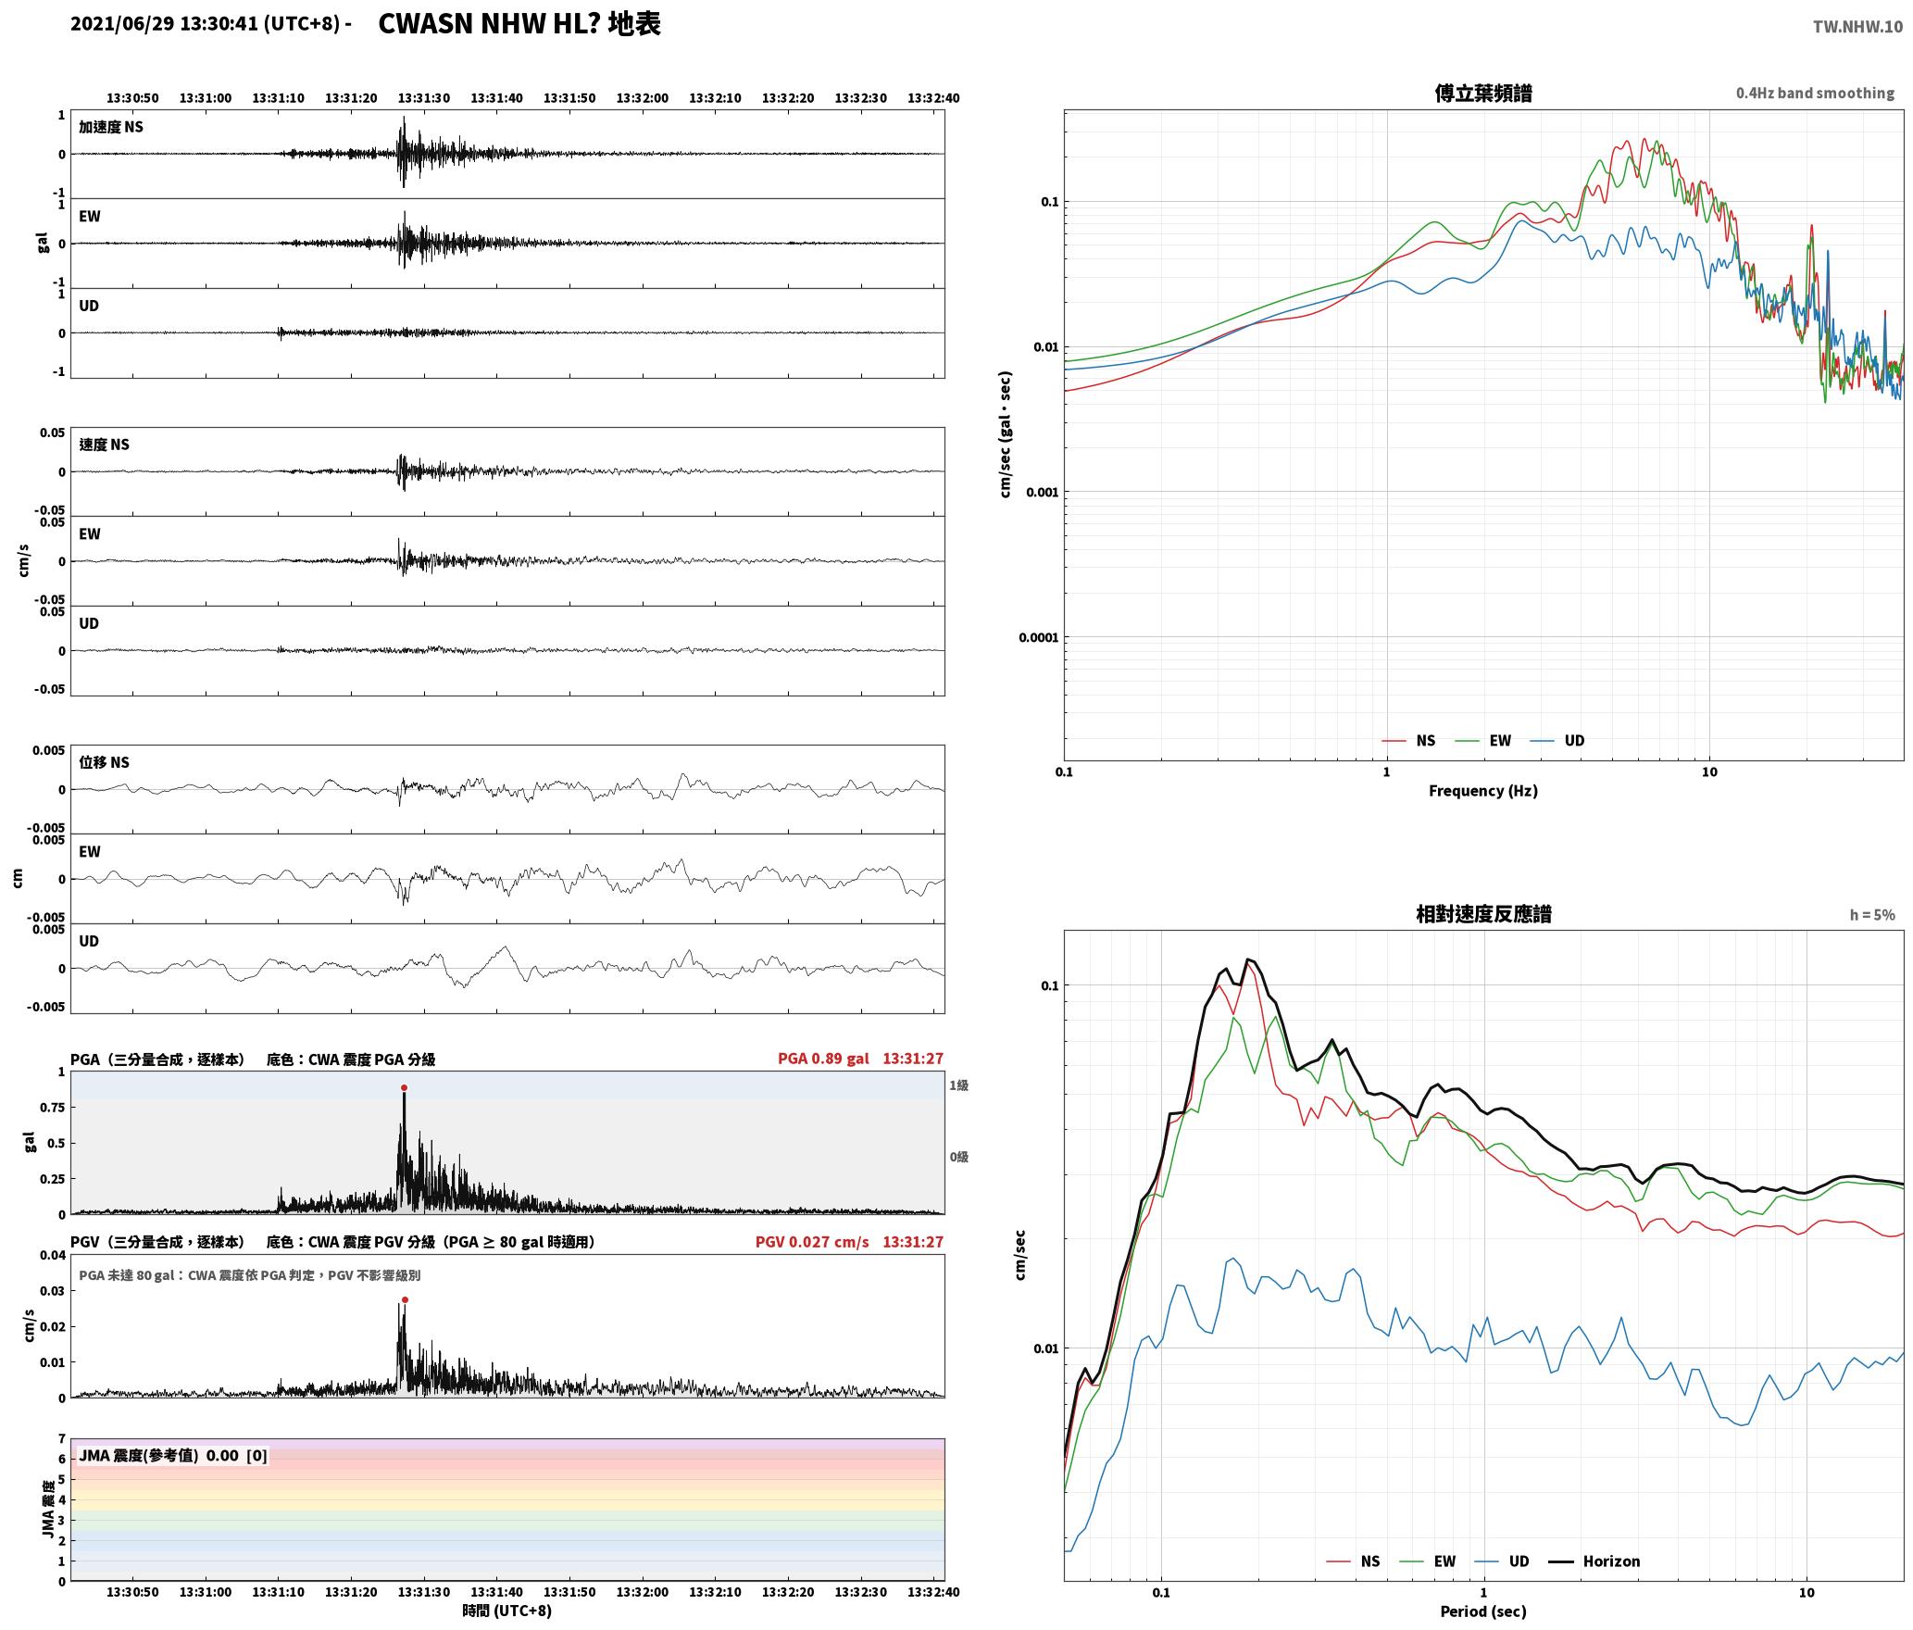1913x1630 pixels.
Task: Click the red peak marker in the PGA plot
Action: [404, 1088]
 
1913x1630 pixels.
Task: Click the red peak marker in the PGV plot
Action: [405, 1300]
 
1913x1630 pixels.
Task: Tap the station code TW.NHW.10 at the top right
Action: [1857, 27]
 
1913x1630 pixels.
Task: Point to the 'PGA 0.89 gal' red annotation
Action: [823, 1059]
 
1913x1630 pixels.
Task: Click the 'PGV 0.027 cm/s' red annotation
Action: [812, 1242]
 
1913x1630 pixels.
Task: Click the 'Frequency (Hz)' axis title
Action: [1483, 791]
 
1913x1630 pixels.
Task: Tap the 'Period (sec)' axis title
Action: [1483, 1611]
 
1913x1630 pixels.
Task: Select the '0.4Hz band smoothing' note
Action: [1815, 94]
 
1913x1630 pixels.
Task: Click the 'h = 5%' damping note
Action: [1872, 915]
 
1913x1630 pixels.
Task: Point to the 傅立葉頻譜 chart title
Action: [1483, 94]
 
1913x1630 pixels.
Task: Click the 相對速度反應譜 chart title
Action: [1483, 914]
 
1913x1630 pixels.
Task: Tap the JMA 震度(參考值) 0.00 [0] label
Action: [173, 1456]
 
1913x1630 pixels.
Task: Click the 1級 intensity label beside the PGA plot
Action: [958, 1085]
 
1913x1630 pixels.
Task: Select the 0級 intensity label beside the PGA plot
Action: [958, 1157]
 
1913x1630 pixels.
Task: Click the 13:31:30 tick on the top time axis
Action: [424, 98]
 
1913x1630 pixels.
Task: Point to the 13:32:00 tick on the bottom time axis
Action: [643, 1592]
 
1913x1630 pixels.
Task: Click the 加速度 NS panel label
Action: [111, 127]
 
